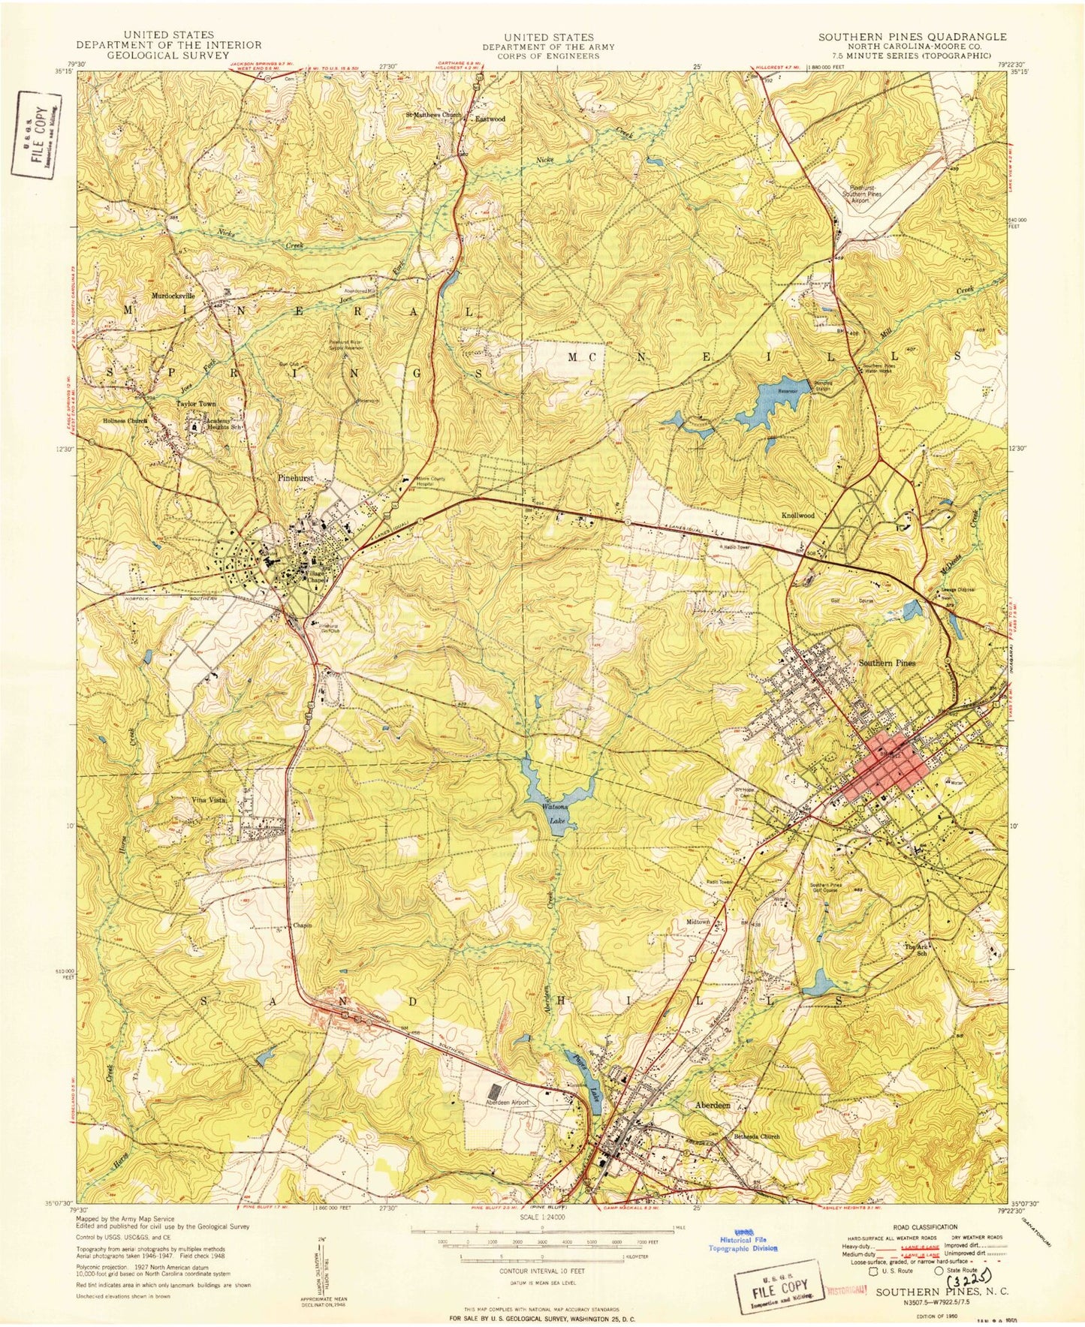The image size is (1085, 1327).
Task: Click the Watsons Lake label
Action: click(x=556, y=814)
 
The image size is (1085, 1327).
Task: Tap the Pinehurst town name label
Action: click(x=295, y=478)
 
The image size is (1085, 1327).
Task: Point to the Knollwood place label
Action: click(x=797, y=516)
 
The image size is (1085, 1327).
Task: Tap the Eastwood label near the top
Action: click(x=490, y=119)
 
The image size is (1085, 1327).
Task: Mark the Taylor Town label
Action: click(x=196, y=404)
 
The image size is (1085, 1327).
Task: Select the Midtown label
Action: click(x=698, y=922)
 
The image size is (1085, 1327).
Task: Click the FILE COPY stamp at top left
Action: click(x=36, y=132)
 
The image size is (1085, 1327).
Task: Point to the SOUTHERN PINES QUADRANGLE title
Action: click(x=912, y=36)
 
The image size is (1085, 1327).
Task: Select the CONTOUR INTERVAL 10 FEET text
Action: click(x=542, y=1271)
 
